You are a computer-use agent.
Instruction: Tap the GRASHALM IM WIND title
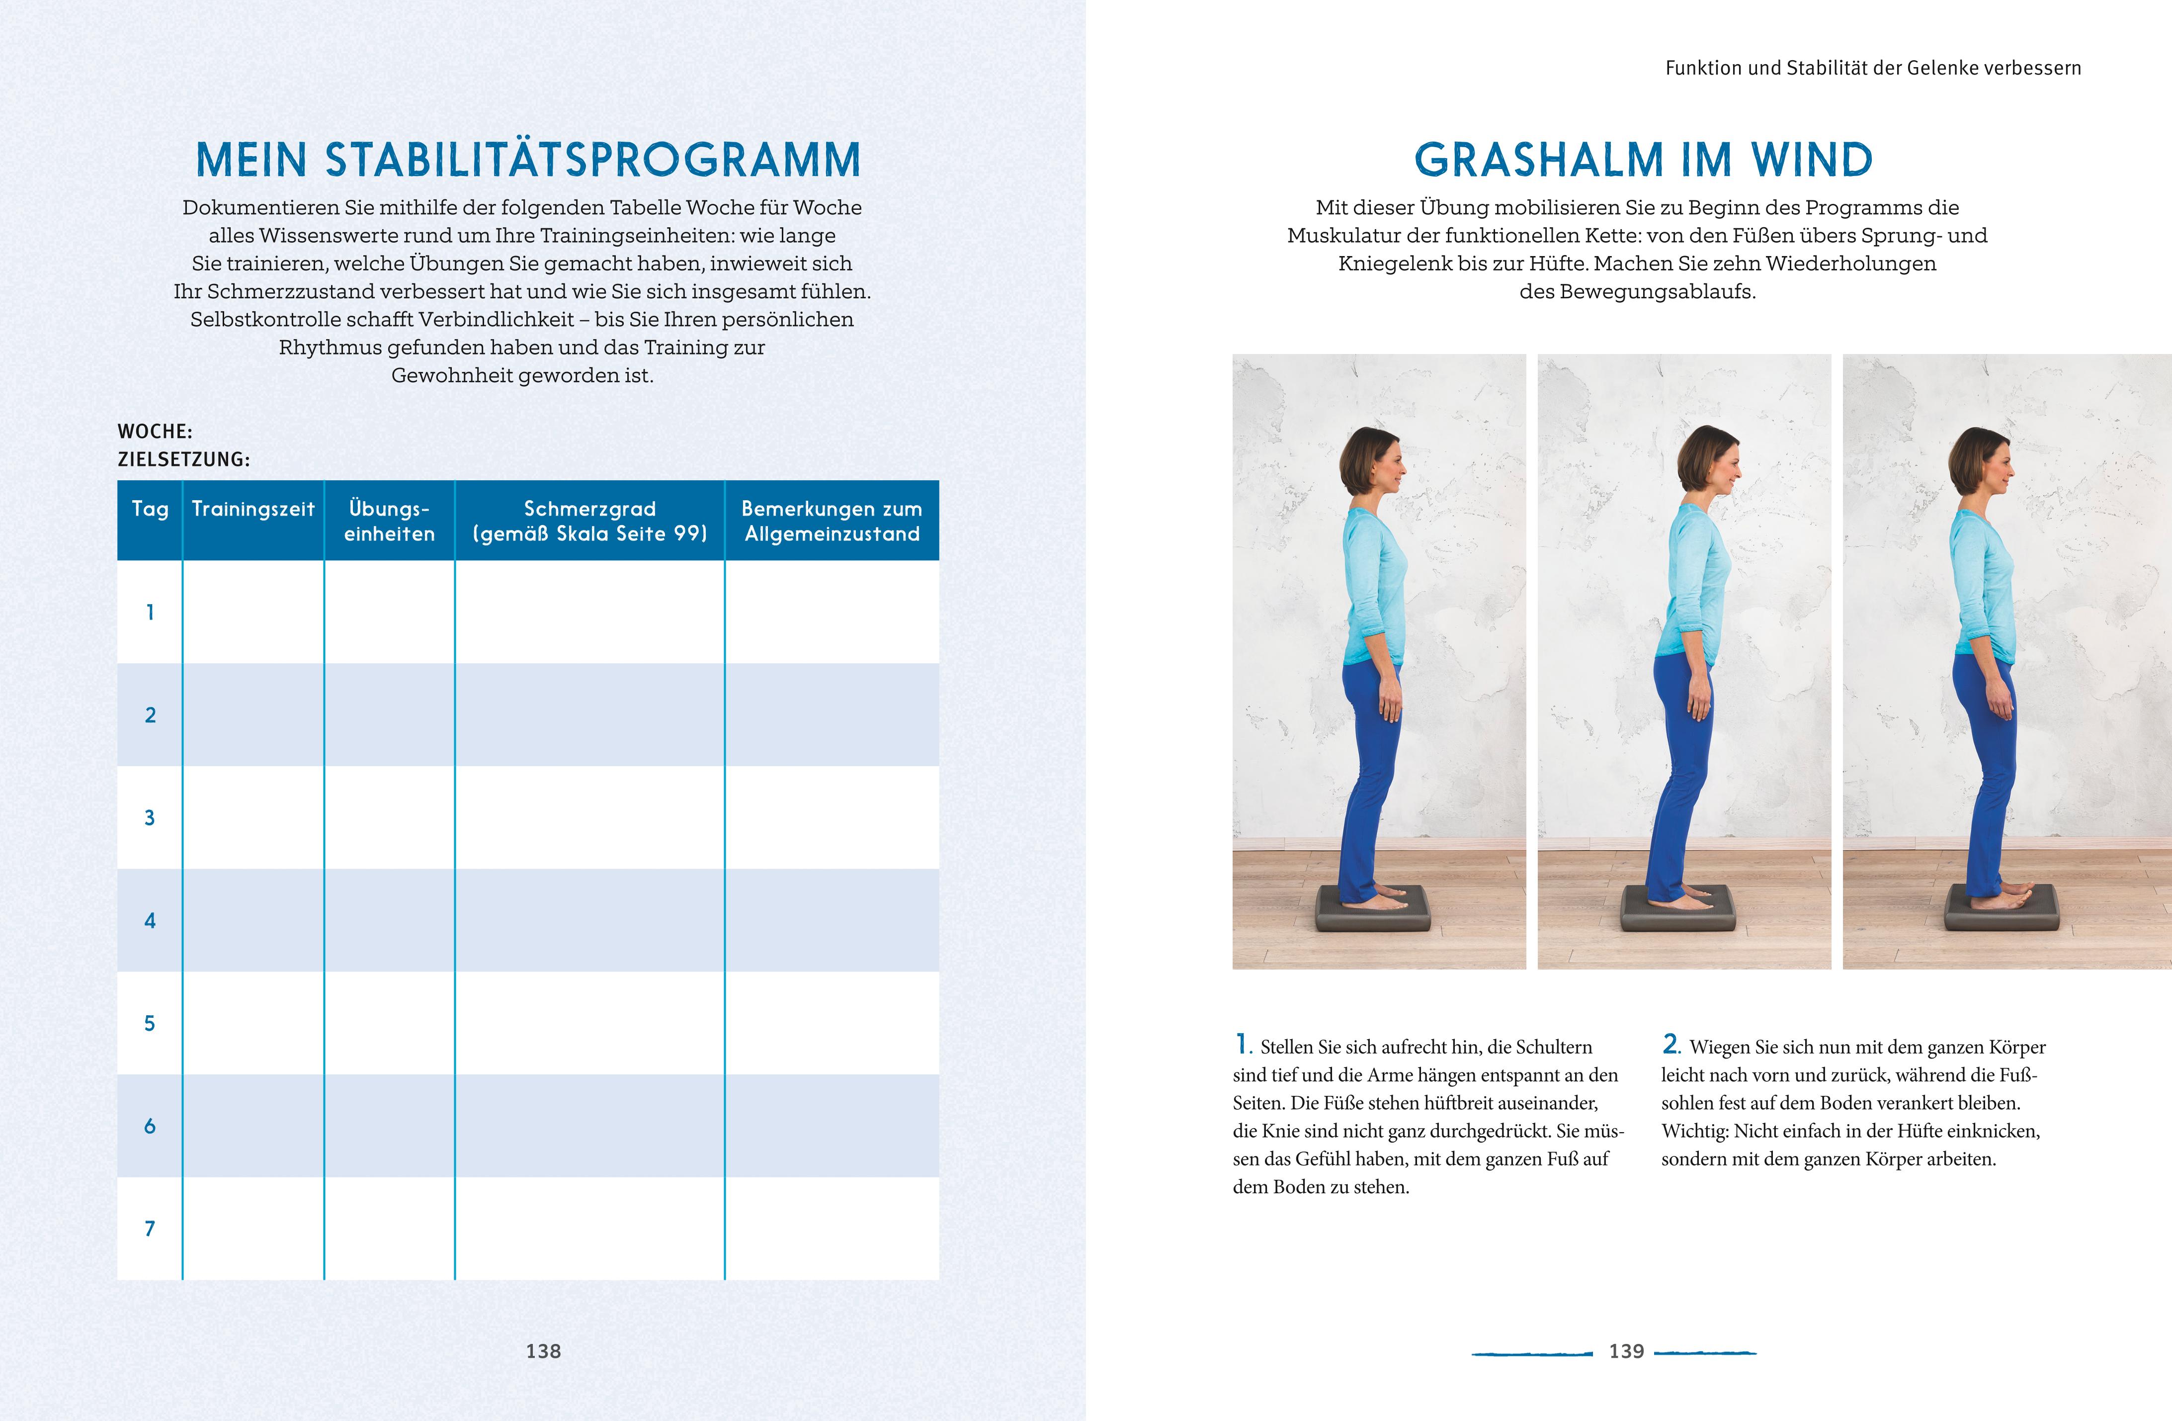coord(1643,161)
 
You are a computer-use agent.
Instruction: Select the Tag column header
coord(150,509)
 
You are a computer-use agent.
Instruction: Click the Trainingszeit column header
coord(253,509)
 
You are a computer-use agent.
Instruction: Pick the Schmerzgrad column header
coord(589,521)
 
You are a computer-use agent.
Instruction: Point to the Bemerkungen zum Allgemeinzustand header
coord(832,521)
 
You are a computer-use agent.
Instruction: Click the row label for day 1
coord(150,613)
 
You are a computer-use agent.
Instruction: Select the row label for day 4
coord(150,921)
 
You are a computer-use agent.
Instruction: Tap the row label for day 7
coord(150,1229)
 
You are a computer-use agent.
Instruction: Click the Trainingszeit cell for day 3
coord(253,818)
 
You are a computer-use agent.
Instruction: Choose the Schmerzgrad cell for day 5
coord(589,1023)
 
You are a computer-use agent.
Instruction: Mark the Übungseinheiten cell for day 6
coord(390,1126)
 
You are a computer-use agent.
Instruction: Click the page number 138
coord(543,1351)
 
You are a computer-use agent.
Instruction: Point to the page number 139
coord(1626,1351)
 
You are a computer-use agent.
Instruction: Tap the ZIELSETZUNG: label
coord(183,459)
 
